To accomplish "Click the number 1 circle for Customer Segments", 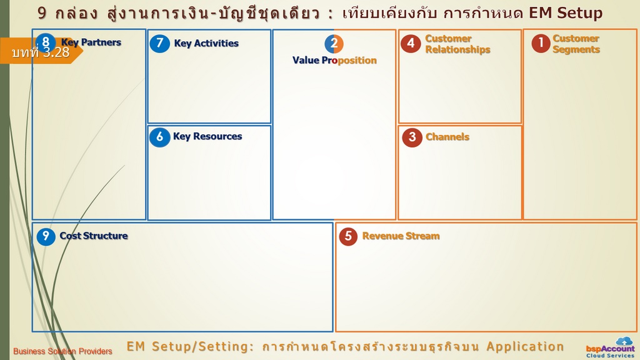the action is click(541, 43).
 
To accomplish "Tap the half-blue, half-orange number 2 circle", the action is click(334, 44).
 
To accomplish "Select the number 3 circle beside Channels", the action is click(412, 137).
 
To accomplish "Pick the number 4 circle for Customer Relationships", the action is click(411, 43).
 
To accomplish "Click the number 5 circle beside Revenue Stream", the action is click(348, 236).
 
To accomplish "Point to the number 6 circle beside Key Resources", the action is click(159, 137).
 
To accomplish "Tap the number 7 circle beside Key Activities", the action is click(159, 43).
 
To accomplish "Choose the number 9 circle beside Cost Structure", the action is click(46, 236).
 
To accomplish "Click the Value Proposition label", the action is click(335, 61).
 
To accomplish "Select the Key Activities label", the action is click(206, 43).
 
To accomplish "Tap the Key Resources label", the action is click(207, 136).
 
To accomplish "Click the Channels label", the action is click(447, 137).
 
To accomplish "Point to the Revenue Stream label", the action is click(401, 236).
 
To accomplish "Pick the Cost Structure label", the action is click(94, 236).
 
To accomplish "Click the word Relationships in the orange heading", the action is click(458, 50).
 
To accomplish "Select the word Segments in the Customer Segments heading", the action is click(576, 50).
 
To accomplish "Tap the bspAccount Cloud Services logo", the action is click(611, 347).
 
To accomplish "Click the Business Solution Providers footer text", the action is click(62, 351).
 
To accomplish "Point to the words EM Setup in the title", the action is click(566, 13).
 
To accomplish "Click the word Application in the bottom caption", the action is click(525, 346).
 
